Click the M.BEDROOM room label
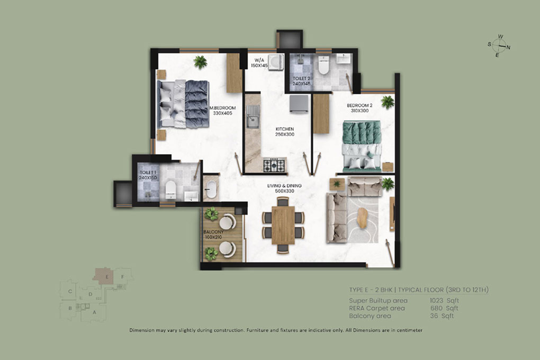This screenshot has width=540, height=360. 223,108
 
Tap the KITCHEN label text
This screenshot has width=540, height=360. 285,129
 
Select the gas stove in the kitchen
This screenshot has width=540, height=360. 274,165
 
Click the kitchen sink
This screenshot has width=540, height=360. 253,117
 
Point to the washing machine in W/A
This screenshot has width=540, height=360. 275,62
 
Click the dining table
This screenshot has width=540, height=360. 283,225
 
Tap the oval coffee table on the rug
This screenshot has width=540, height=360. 362,218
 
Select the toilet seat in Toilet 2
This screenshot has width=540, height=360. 323,65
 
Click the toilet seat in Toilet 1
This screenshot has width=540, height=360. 170,190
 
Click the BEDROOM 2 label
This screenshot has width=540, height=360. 359,105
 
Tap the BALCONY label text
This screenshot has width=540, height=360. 213,232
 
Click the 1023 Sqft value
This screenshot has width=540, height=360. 444,300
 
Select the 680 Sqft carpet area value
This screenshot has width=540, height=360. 444,308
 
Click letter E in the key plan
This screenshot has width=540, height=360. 107,277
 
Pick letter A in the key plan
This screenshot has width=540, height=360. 94,312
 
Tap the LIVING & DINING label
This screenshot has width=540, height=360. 284,186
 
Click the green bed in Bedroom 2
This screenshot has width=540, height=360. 362,146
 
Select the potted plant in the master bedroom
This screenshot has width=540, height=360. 200,62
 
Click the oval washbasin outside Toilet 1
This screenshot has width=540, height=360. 211,189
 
